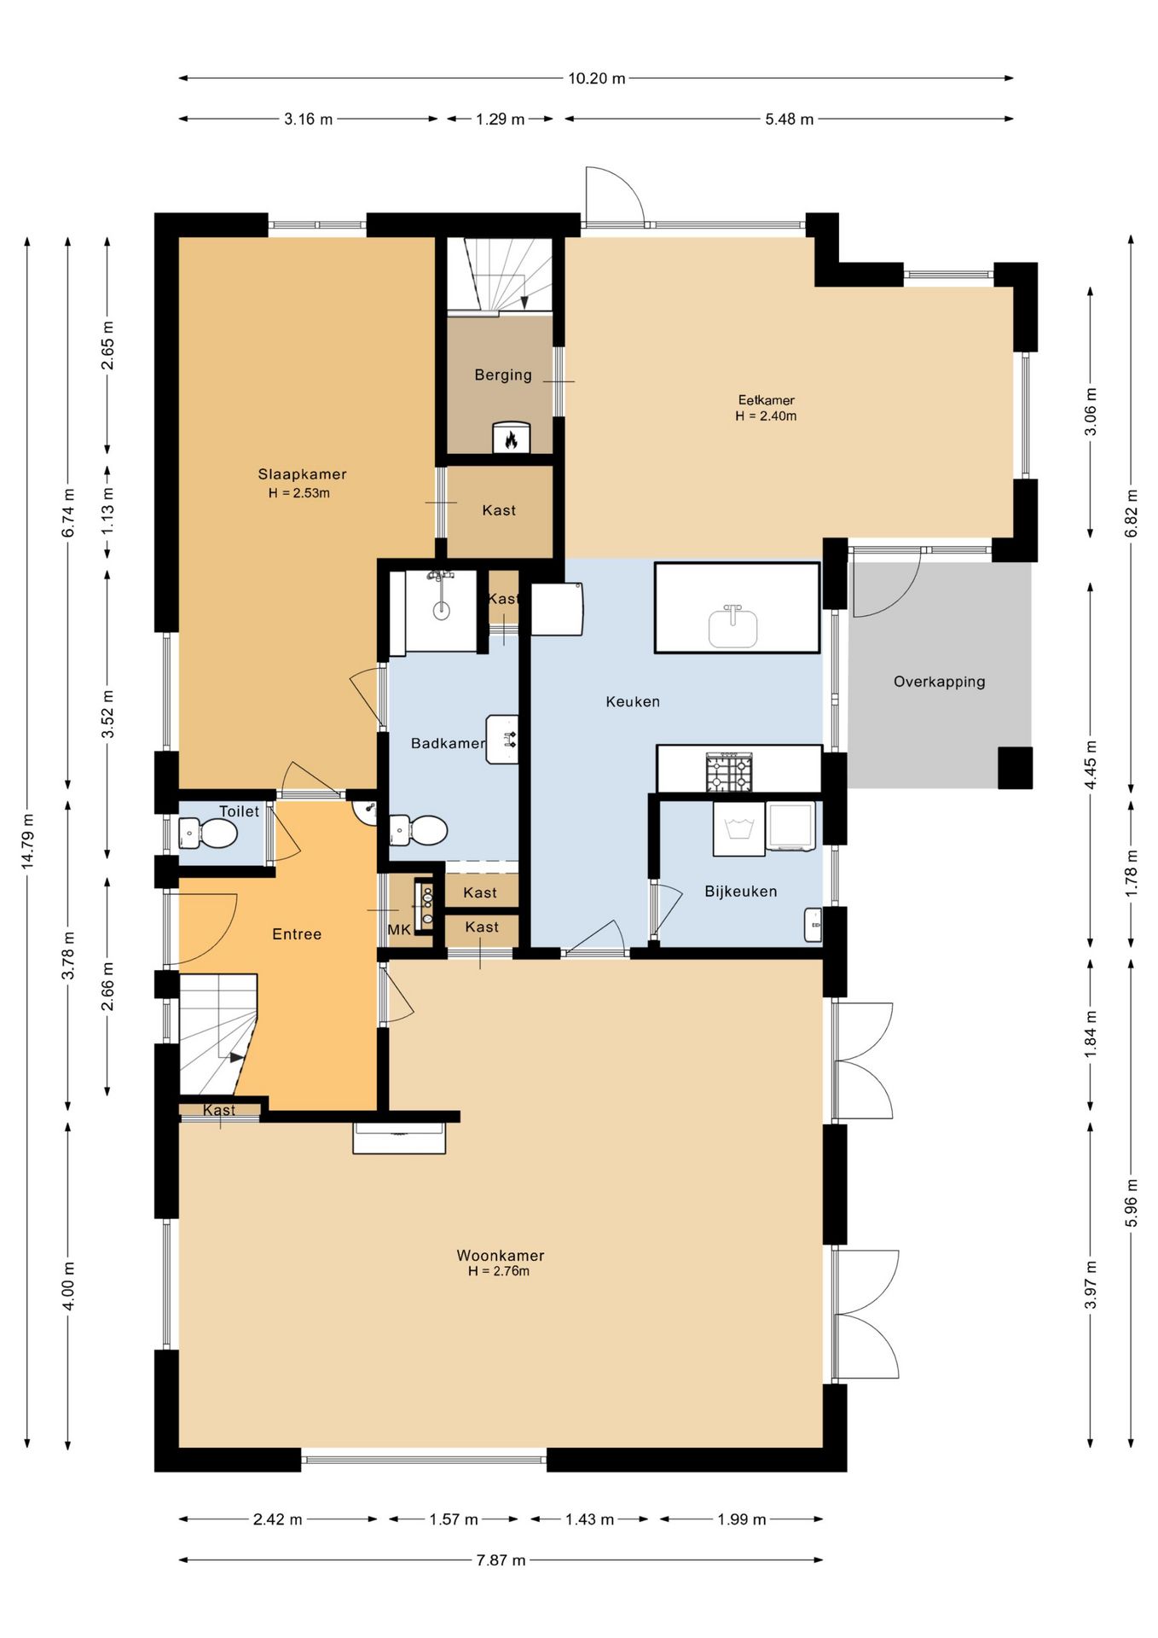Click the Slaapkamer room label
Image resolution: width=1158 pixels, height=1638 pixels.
(302, 474)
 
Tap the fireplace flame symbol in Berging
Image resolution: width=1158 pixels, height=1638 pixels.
(511, 439)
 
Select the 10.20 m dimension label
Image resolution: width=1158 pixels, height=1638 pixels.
(597, 78)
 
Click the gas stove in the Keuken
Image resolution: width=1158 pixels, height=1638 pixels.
(729, 772)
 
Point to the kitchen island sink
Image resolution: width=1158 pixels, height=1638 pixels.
(732, 627)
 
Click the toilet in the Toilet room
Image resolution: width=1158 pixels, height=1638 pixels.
(208, 834)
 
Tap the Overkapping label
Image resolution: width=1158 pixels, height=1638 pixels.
(939, 682)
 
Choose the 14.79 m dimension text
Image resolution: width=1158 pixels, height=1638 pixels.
(28, 842)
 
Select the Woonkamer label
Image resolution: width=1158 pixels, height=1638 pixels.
(501, 1255)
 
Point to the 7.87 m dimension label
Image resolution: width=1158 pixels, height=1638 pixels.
(501, 1560)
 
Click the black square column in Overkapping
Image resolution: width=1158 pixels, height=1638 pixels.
(1015, 768)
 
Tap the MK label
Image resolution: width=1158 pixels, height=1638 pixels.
(399, 930)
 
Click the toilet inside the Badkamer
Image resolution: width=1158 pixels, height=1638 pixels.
(419, 830)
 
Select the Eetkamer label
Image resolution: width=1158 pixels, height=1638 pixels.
(767, 400)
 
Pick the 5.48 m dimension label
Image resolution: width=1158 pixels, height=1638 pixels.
(789, 119)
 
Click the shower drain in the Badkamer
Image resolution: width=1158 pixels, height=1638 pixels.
(441, 610)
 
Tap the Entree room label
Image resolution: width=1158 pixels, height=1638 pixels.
(297, 934)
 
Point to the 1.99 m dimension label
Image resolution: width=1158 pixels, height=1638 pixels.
(741, 1519)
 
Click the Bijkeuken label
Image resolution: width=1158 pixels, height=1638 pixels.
(741, 892)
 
